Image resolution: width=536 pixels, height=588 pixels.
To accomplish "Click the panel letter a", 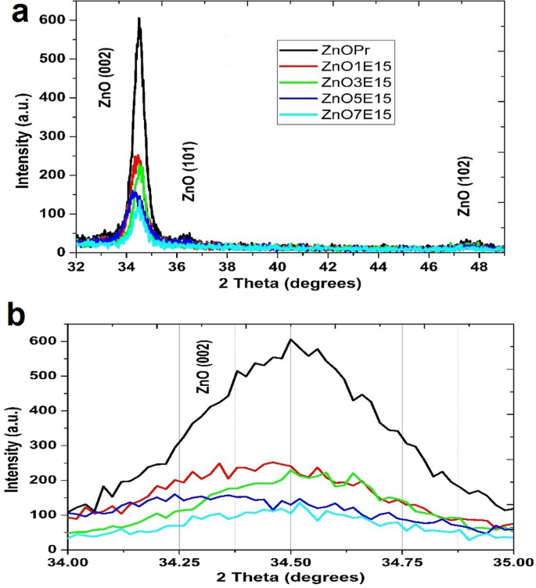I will pos(17,15).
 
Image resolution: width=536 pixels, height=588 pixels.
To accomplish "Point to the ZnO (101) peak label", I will pos(189,172).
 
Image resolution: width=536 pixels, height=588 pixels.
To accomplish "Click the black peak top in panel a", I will pos(138,19).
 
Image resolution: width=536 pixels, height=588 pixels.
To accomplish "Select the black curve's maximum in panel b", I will pos(290,340).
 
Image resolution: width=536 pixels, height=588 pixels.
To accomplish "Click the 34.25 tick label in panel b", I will pos(179,562).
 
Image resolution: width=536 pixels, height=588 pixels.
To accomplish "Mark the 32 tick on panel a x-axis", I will pos(76,266).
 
